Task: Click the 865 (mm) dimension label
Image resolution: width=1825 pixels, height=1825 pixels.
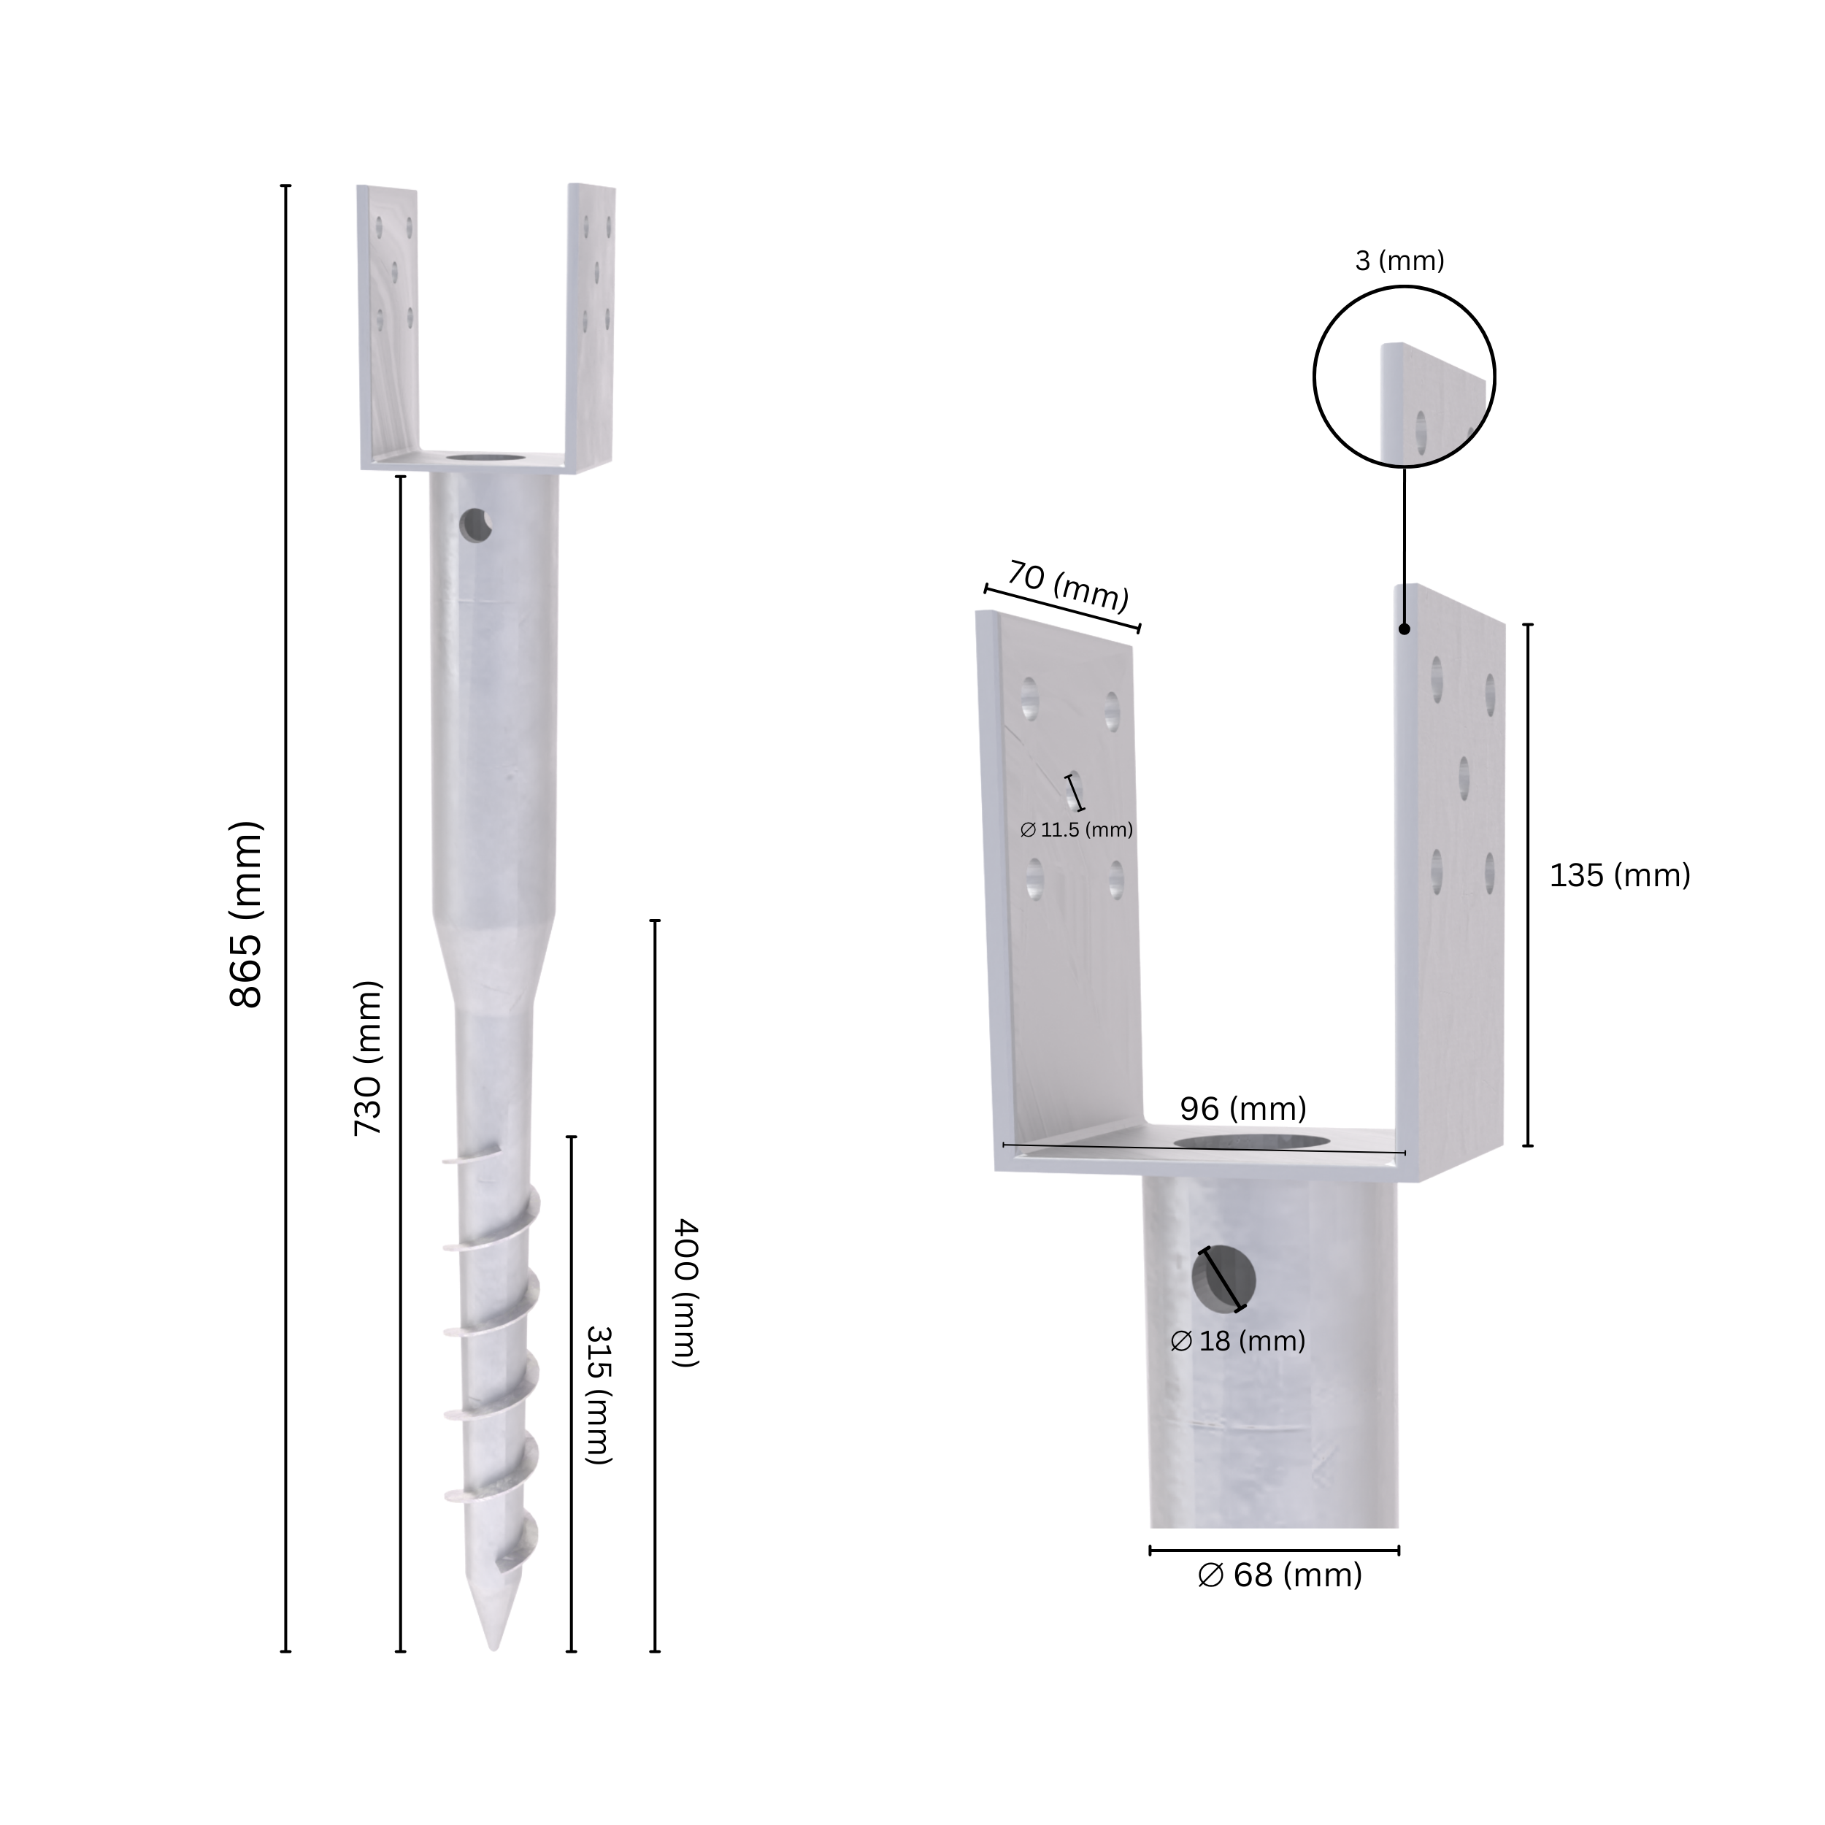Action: point(245,915)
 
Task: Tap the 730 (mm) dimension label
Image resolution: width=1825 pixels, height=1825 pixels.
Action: point(367,1058)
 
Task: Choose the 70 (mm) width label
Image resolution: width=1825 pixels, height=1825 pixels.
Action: point(1069,585)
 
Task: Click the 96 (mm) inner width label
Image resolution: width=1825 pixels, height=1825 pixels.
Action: point(1242,1108)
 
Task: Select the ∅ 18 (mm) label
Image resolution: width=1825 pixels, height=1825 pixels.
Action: point(1237,1340)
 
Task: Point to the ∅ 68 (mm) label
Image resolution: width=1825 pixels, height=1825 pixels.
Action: point(1279,1575)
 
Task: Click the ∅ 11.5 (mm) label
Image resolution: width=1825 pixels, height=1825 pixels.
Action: point(1076,830)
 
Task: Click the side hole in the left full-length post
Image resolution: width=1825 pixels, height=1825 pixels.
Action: point(476,525)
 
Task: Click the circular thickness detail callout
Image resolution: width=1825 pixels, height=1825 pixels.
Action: point(1404,377)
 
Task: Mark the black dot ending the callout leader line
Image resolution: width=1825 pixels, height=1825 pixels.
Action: point(1405,629)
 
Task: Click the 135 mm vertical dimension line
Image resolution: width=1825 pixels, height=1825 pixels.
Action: point(1527,884)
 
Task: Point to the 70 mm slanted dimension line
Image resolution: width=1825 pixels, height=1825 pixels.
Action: point(1063,610)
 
